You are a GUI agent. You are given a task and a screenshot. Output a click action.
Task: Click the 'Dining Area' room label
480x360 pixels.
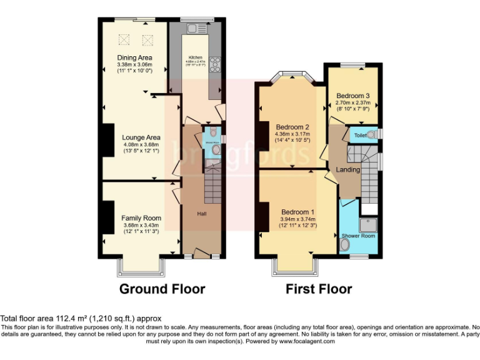coord(134,58)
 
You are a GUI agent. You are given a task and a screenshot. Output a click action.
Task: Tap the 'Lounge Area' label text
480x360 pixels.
coord(141,137)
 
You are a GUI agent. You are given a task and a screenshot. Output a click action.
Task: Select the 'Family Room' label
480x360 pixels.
coord(141,218)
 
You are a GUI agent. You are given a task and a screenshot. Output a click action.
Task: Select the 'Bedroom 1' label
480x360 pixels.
coord(298,212)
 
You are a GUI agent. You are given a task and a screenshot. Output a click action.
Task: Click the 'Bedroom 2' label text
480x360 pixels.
coord(293,126)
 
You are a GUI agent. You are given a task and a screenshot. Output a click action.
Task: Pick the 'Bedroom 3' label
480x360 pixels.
coord(353,96)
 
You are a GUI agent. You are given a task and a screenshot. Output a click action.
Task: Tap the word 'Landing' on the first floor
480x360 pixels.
coord(348,170)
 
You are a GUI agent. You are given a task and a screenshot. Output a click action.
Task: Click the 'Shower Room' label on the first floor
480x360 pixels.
coord(358,236)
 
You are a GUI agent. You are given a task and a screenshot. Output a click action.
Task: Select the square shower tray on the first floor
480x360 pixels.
coord(369,223)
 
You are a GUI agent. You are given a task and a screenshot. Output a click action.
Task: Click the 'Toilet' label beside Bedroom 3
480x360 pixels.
coord(361,135)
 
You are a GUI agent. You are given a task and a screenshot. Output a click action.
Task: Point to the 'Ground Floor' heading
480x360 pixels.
coord(162,289)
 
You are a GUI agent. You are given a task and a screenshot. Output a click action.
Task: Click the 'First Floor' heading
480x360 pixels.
coord(319,289)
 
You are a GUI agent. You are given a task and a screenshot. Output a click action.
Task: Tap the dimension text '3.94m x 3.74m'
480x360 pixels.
coord(298,219)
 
